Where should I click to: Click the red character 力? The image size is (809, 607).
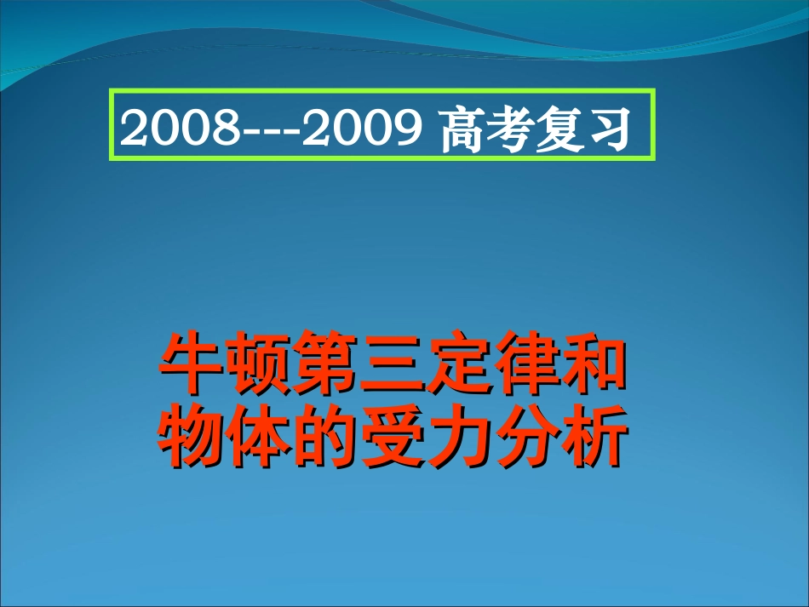pos(457,438)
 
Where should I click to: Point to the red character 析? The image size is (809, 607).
pos(591,438)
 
